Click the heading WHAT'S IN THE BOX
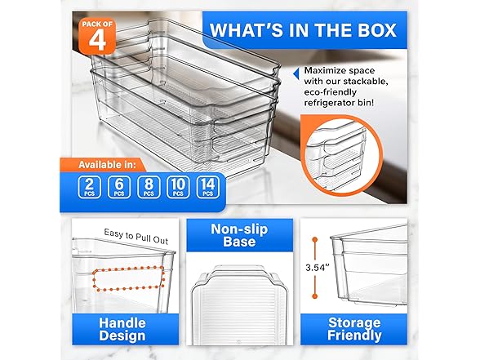click(x=303, y=30)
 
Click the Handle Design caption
click(x=122, y=328)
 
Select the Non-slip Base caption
click(x=233, y=235)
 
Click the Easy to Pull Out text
click(x=136, y=233)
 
